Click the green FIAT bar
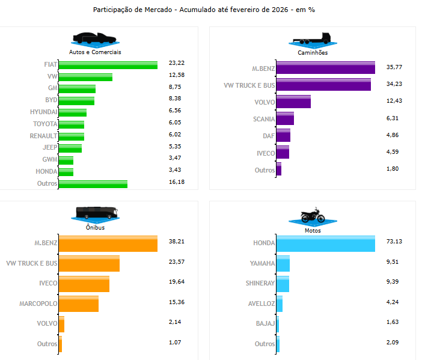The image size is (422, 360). pyautogui.click(x=108, y=65)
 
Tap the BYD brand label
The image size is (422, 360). pyautogui.click(x=51, y=100)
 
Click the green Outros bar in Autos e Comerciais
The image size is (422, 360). pyautogui.click(x=93, y=183)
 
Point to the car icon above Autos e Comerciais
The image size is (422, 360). pyautogui.click(x=95, y=38)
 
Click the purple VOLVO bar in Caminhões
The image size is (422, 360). pyautogui.click(x=294, y=102)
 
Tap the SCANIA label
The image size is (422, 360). pyautogui.click(x=264, y=119)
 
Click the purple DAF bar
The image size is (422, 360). pyautogui.click(x=284, y=135)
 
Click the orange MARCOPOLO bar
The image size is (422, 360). pyautogui.click(x=79, y=303)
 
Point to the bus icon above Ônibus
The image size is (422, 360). pyautogui.click(x=97, y=213)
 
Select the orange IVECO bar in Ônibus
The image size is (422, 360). pyautogui.click(x=84, y=283)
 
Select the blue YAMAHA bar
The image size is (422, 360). pyautogui.click(x=283, y=263)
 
